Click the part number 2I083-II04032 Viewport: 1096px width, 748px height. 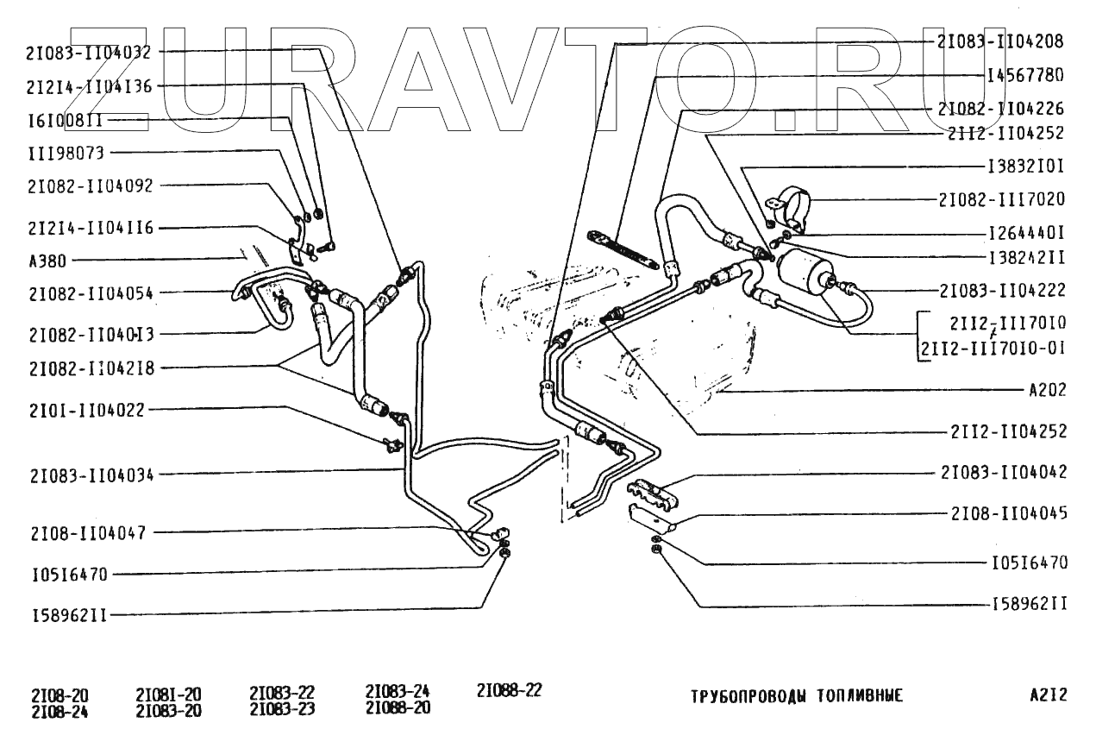tap(89, 52)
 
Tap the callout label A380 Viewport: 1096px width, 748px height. tap(47, 260)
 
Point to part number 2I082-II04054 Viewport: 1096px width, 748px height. tap(90, 293)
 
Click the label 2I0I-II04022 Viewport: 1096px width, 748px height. tap(86, 411)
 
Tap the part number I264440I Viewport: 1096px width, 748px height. tap(1026, 233)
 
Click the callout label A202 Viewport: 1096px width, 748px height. tap(1048, 390)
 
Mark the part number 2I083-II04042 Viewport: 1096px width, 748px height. tap(1003, 472)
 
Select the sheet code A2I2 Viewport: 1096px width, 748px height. tap(1048, 695)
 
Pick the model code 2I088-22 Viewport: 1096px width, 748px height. tap(509, 690)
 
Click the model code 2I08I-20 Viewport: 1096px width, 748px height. tap(168, 695)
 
